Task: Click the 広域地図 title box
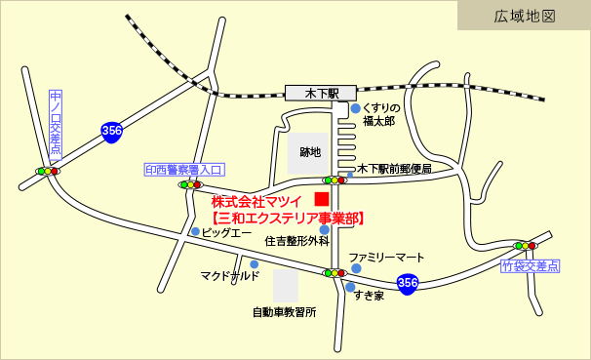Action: (525, 16)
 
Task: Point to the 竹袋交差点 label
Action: (531, 265)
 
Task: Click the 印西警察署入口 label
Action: (184, 169)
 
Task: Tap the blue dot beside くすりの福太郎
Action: (356, 108)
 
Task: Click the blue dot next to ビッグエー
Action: (196, 232)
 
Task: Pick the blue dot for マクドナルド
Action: (255, 264)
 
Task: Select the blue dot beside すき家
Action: (348, 287)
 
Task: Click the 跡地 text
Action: (310, 152)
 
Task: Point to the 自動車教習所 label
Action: (284, 313)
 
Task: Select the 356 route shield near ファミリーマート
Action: (409, 284)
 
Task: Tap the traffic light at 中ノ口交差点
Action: (47, 172)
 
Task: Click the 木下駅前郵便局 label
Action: (394, 168)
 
